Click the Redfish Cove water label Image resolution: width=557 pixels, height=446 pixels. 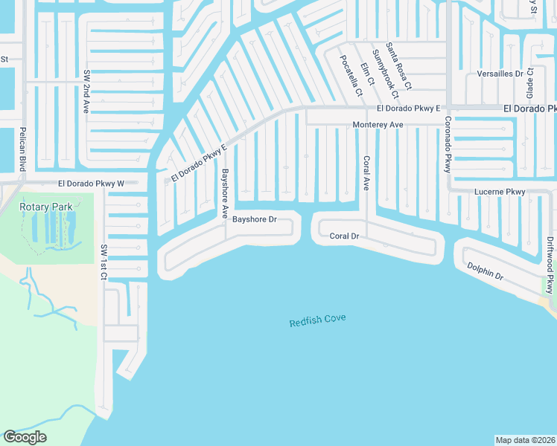[317, 321]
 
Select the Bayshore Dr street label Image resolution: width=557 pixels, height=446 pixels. [255, 220]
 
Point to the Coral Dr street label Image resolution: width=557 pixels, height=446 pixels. [345, 236]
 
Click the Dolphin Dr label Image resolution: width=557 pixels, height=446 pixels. [485, 271]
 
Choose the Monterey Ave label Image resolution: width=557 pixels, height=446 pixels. [378, 125]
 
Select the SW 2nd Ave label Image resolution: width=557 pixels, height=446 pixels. [86, 91]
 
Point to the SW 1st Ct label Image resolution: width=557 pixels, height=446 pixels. [104, 262]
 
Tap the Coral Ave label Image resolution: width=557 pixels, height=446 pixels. [366, 173]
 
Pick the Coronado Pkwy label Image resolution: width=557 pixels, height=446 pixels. [448, 145]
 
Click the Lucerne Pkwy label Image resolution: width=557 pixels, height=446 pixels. [500, 192]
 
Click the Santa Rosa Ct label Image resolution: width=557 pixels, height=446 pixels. [398, 66]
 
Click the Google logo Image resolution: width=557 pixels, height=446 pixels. [25, 437]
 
